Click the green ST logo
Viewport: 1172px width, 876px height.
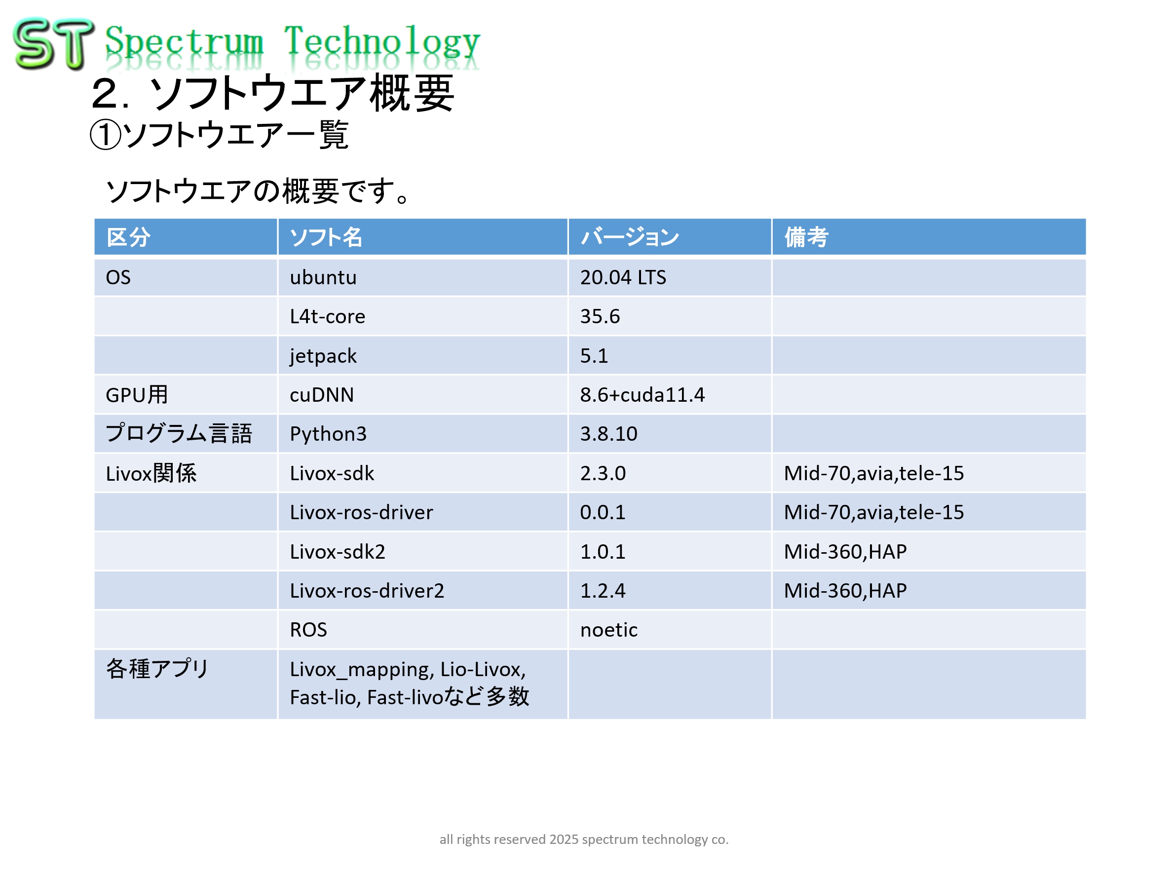click(x=53, y=44)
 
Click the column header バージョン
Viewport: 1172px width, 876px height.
click(x=630, y=237)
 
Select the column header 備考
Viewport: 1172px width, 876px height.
click(x=806, y=237)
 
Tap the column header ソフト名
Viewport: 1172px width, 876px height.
click(x=326, y=237)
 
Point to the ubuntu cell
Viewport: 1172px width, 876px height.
click(x=323, y=277)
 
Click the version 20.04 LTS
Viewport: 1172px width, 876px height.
click(x=623, y=277)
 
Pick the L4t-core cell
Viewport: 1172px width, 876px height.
click(x=328, y=316)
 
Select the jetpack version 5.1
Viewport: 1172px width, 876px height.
click(x=594, y=356)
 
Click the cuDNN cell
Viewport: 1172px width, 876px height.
click(x=322, y=395)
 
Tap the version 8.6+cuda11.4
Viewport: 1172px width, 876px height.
click(x=642, y=395)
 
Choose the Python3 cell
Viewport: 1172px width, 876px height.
click(x=328, y=434)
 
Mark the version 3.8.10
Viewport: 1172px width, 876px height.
click(x=609, y=434)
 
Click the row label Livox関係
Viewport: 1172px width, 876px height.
click(x=151, y=473)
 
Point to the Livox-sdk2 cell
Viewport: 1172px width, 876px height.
click(x=338, y=552)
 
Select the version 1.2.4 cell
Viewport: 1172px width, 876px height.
click(x=603, y=590)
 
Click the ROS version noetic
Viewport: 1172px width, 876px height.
click(x=609, y=630)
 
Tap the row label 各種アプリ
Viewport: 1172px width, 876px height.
click(x=158, y=669)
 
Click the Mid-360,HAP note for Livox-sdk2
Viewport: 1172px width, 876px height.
click(x=845, y=552)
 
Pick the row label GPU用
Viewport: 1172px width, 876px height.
click(x=137, y=395)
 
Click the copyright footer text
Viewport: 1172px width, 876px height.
click(x=584, y=839)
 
